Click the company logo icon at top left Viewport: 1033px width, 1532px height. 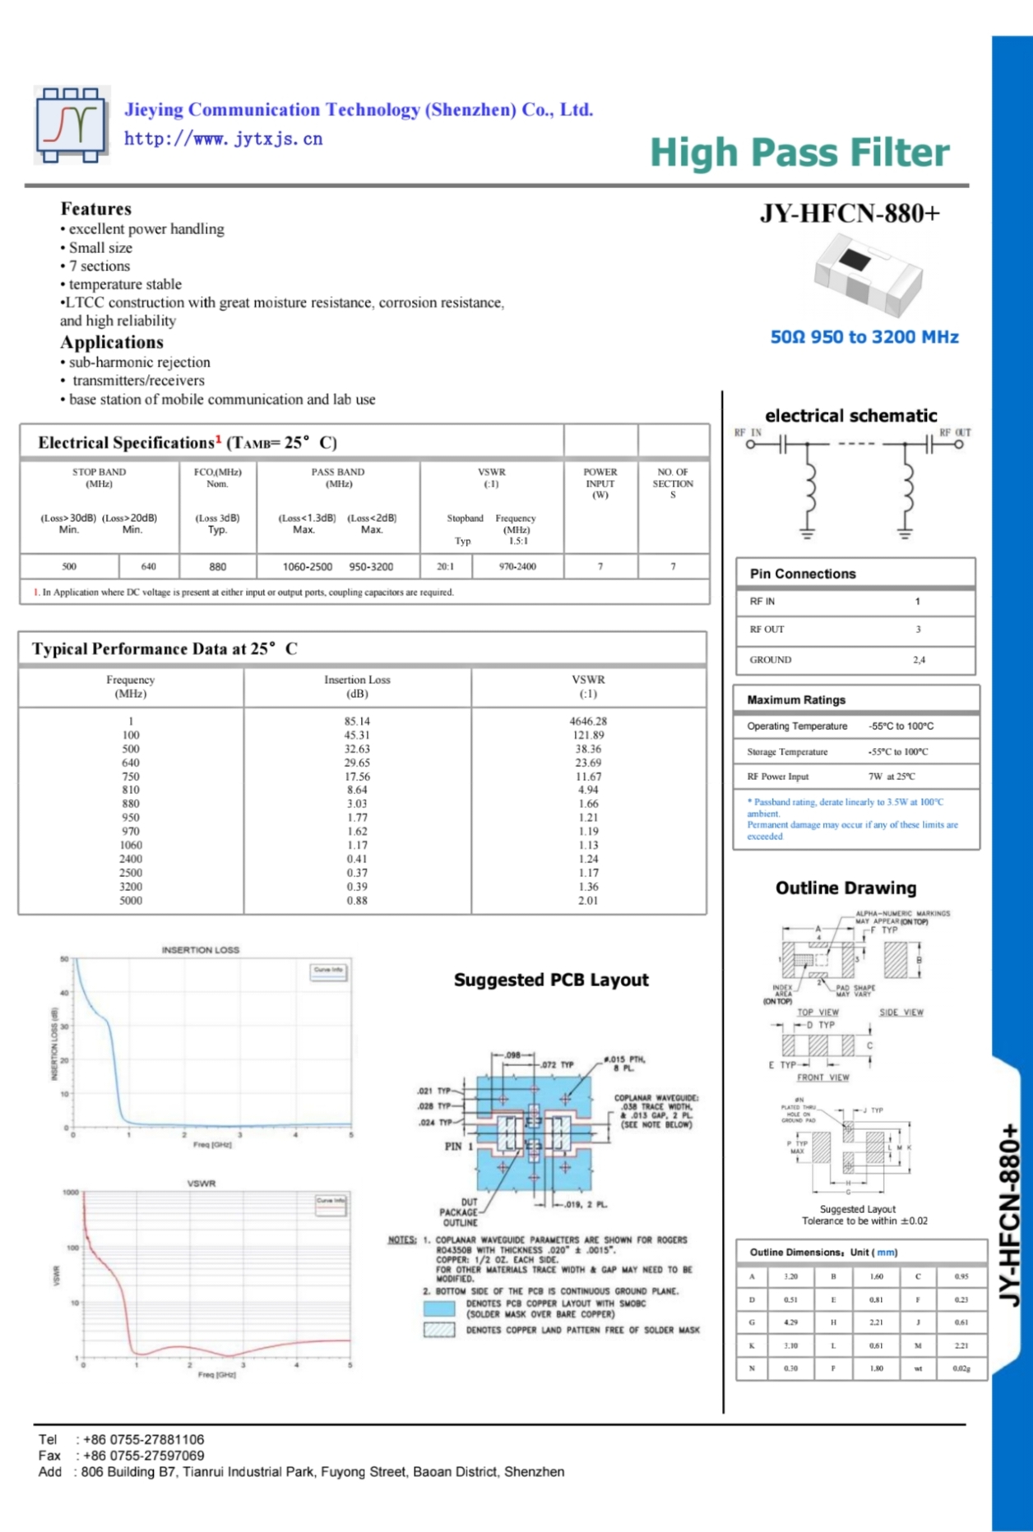click(71, 125)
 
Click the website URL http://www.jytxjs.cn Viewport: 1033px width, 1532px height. click(223, 139)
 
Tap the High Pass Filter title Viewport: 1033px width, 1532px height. click(799, 153)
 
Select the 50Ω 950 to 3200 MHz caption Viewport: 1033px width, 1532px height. click(864, 337)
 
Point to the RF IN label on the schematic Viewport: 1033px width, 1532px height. click(748, 432)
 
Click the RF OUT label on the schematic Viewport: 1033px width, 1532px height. click(955, 432)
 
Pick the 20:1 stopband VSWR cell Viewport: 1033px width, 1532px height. click(445, 566)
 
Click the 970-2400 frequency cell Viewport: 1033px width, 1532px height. click(517, 566)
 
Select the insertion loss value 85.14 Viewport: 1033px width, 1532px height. click(357, 721)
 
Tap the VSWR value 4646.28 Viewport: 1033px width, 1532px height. click(588, 721)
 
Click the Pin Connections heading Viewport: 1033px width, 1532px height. click(802, 574)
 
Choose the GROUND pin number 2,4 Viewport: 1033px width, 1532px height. click(919, 659)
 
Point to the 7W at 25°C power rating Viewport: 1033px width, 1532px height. click(892, 776)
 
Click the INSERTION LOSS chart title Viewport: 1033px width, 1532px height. click(200, 950)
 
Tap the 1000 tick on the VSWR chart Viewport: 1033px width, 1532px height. click(71, 1193)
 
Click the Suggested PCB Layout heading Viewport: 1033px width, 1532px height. click(551, 980)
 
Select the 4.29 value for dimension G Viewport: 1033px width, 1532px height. click(790, 1322)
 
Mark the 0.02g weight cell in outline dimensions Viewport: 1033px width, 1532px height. click(961, 1368)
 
